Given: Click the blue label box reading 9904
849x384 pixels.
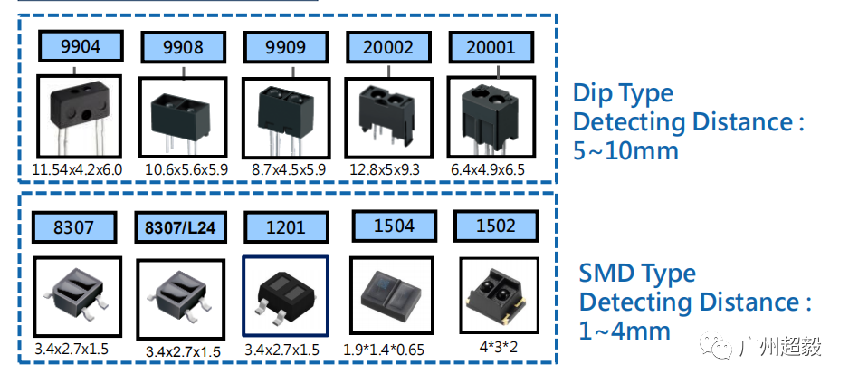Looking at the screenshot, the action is coord(81,46).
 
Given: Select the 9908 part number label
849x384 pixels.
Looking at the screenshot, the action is coord(183,47).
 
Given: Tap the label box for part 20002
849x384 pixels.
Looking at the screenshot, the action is coord(388,47).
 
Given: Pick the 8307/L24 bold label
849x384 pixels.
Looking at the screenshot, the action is coord(180,227).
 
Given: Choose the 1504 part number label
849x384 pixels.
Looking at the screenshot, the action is coord(395,226).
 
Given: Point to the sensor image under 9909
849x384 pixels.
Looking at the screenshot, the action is coord(286,118).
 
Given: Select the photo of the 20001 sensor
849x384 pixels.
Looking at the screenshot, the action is coord(491,118).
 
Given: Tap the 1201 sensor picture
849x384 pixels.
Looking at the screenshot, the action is coord(285,296).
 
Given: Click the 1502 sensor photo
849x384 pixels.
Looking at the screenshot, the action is coord(499,296).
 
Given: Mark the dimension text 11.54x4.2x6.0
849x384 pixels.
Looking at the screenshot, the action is coord(78,170).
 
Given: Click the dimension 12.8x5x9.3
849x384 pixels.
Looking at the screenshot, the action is coord(385,170).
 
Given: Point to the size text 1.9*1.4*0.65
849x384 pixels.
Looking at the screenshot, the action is coord(384,350).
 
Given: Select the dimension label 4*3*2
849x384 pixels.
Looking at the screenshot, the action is coord(498,347).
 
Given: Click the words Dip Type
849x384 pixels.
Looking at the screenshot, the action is coord(623,93).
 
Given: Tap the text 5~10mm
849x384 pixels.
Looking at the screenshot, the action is coord(625,150).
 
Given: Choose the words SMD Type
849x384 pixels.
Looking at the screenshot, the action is coord(637,274).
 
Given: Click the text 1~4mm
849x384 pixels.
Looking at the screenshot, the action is coord(625,330).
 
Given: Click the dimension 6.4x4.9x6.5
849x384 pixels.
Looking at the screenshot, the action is coord(488,170).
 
